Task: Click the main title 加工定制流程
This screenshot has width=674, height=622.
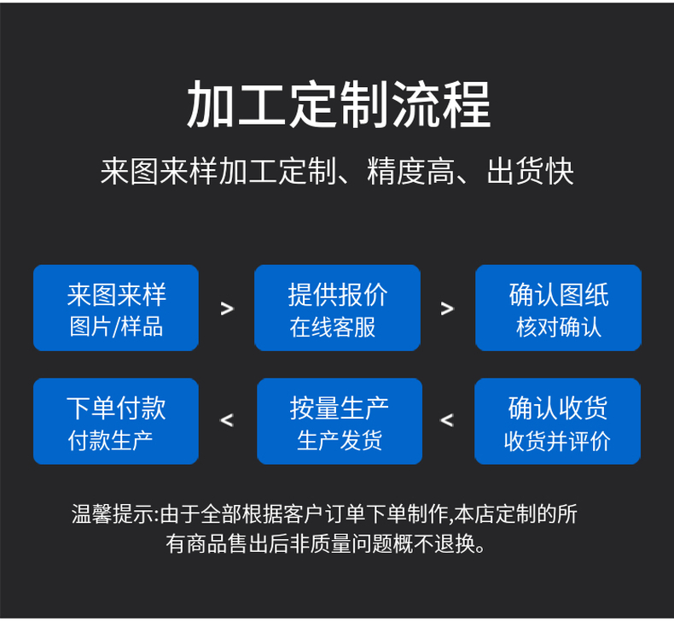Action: coord(339,104)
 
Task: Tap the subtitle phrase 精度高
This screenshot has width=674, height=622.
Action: coord(411,172)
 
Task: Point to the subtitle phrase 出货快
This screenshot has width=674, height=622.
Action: coord(531,172)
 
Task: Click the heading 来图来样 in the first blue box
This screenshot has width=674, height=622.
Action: coord(117,295)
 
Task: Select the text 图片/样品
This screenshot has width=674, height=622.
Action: coord(117,326)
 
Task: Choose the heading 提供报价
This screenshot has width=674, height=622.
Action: coord(338,295)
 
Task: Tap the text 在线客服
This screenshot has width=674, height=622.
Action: coord(333,327)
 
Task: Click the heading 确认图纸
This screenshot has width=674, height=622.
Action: coord(559,295)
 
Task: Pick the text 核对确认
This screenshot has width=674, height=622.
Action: coord(559,327)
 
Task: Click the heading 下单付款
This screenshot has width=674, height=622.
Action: coord(116,408)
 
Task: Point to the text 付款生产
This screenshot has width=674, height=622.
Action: coord(110,440)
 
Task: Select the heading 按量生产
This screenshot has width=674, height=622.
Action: coord(340,408)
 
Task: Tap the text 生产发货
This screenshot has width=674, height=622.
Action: coord(340,440)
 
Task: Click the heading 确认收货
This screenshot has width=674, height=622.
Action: coord(558,408)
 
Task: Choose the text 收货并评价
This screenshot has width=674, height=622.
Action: coord(557,441)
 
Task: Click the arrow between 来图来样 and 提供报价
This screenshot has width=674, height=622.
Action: coord(227,308)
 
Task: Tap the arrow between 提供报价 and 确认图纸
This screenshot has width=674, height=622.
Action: coord(447,308)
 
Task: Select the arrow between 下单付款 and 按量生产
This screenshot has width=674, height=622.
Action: coord(227,420)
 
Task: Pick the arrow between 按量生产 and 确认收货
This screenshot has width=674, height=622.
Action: coord(447,420)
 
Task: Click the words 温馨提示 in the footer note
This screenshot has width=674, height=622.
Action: coord(113,514)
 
